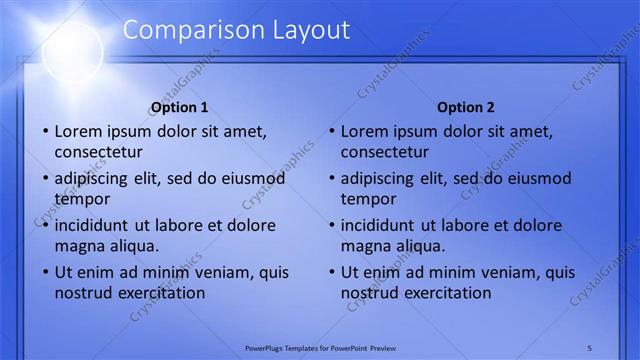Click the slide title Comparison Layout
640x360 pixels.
tap(236, 30)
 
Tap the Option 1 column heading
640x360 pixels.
tap(180, 107)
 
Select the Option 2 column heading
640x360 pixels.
tap(466, 107)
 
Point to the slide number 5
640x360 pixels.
tap(589, 347)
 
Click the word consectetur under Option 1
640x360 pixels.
tap(98, 153)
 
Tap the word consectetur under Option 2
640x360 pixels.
tap(384, 153)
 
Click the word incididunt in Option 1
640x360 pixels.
tap(98, 225)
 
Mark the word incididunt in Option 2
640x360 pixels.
tap(384, 225)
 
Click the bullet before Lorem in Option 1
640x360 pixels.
tap(45, 131)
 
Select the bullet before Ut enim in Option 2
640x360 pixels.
tap(331, 272)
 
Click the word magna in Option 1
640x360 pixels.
tap(77, 246)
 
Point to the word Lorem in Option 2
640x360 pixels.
tap(364, 131)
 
